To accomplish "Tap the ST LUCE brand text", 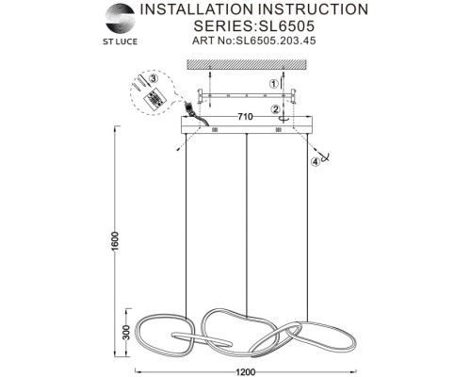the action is (x=121, y=41).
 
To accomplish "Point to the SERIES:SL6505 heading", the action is (x=254, y=25).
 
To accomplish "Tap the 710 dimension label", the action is (x=245, y=117).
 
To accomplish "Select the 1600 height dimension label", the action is (x=115, y=241).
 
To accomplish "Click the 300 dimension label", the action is (x=126, y=332).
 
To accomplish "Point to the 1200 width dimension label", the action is (x=246, y=372).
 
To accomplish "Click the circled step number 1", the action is (x=274, y=84).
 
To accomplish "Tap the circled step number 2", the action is (x=276, y=109).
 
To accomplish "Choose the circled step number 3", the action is (x=153, y=78).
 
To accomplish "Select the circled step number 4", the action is (x=316, y=161).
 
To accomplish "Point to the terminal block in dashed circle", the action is (x=154, y=98).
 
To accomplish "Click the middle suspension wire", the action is (x=247, y=224).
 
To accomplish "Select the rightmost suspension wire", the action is (x=307, y=227).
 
